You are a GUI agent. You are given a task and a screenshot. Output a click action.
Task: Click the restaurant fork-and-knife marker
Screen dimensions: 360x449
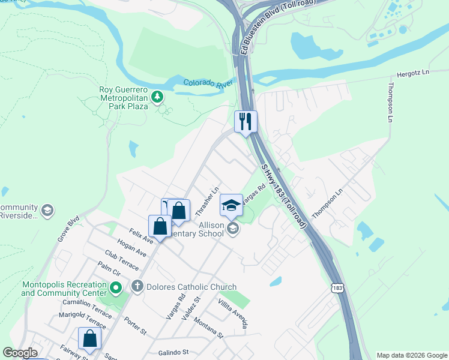(x=246, y=121)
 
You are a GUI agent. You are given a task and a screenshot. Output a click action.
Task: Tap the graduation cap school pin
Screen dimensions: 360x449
(x=231, y=205)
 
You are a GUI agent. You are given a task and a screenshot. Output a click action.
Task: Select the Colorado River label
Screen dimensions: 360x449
(x=208, y=83)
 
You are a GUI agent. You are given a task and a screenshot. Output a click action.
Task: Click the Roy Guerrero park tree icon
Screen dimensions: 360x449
(x=157, y=96)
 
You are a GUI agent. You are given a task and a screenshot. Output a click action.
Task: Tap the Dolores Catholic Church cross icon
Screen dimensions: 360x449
(x=137, y=286)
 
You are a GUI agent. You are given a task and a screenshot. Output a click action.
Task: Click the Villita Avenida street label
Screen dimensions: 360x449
(x=233, y=313)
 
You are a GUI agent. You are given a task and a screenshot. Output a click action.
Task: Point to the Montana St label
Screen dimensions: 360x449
(x=208, y=328)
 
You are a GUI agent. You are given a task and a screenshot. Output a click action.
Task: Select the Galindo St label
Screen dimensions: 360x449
(x=173, y=352)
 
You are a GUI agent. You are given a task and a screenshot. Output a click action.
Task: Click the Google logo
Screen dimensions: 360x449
(x=20, y=353)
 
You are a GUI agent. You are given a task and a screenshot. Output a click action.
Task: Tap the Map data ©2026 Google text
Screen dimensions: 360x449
(x=412, y=355)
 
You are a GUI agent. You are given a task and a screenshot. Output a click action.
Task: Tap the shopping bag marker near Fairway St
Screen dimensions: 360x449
(x=89, y=338)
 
